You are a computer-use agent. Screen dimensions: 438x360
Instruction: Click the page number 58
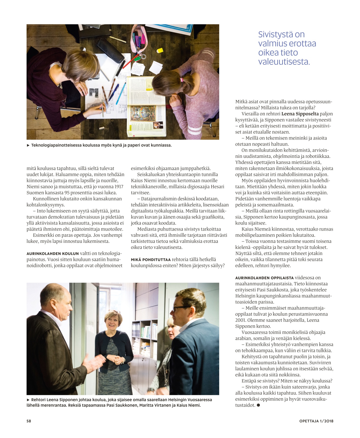click(29, 421)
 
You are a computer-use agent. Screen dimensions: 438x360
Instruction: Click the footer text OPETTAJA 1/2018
click(316, 421)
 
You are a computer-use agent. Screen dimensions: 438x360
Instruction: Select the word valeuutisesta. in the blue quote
click(284, 62)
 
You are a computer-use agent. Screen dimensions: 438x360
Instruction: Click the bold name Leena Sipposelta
click(300, 114)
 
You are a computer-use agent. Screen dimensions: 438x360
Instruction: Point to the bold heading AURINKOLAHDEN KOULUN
click(53, 254)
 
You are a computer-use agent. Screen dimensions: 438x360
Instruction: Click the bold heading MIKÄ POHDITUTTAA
click(150, 260)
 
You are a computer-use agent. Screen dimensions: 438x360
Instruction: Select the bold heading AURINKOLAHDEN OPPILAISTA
click(264, 278)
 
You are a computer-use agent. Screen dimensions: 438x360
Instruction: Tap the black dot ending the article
click(258, 405)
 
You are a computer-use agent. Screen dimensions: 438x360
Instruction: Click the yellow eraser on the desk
click(160, 50)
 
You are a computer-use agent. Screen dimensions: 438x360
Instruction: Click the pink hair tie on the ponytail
click(181, 80)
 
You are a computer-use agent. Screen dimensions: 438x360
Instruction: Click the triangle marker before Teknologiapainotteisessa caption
click(28, 145)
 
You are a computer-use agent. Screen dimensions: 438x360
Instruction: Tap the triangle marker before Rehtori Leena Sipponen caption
click(28, 400)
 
